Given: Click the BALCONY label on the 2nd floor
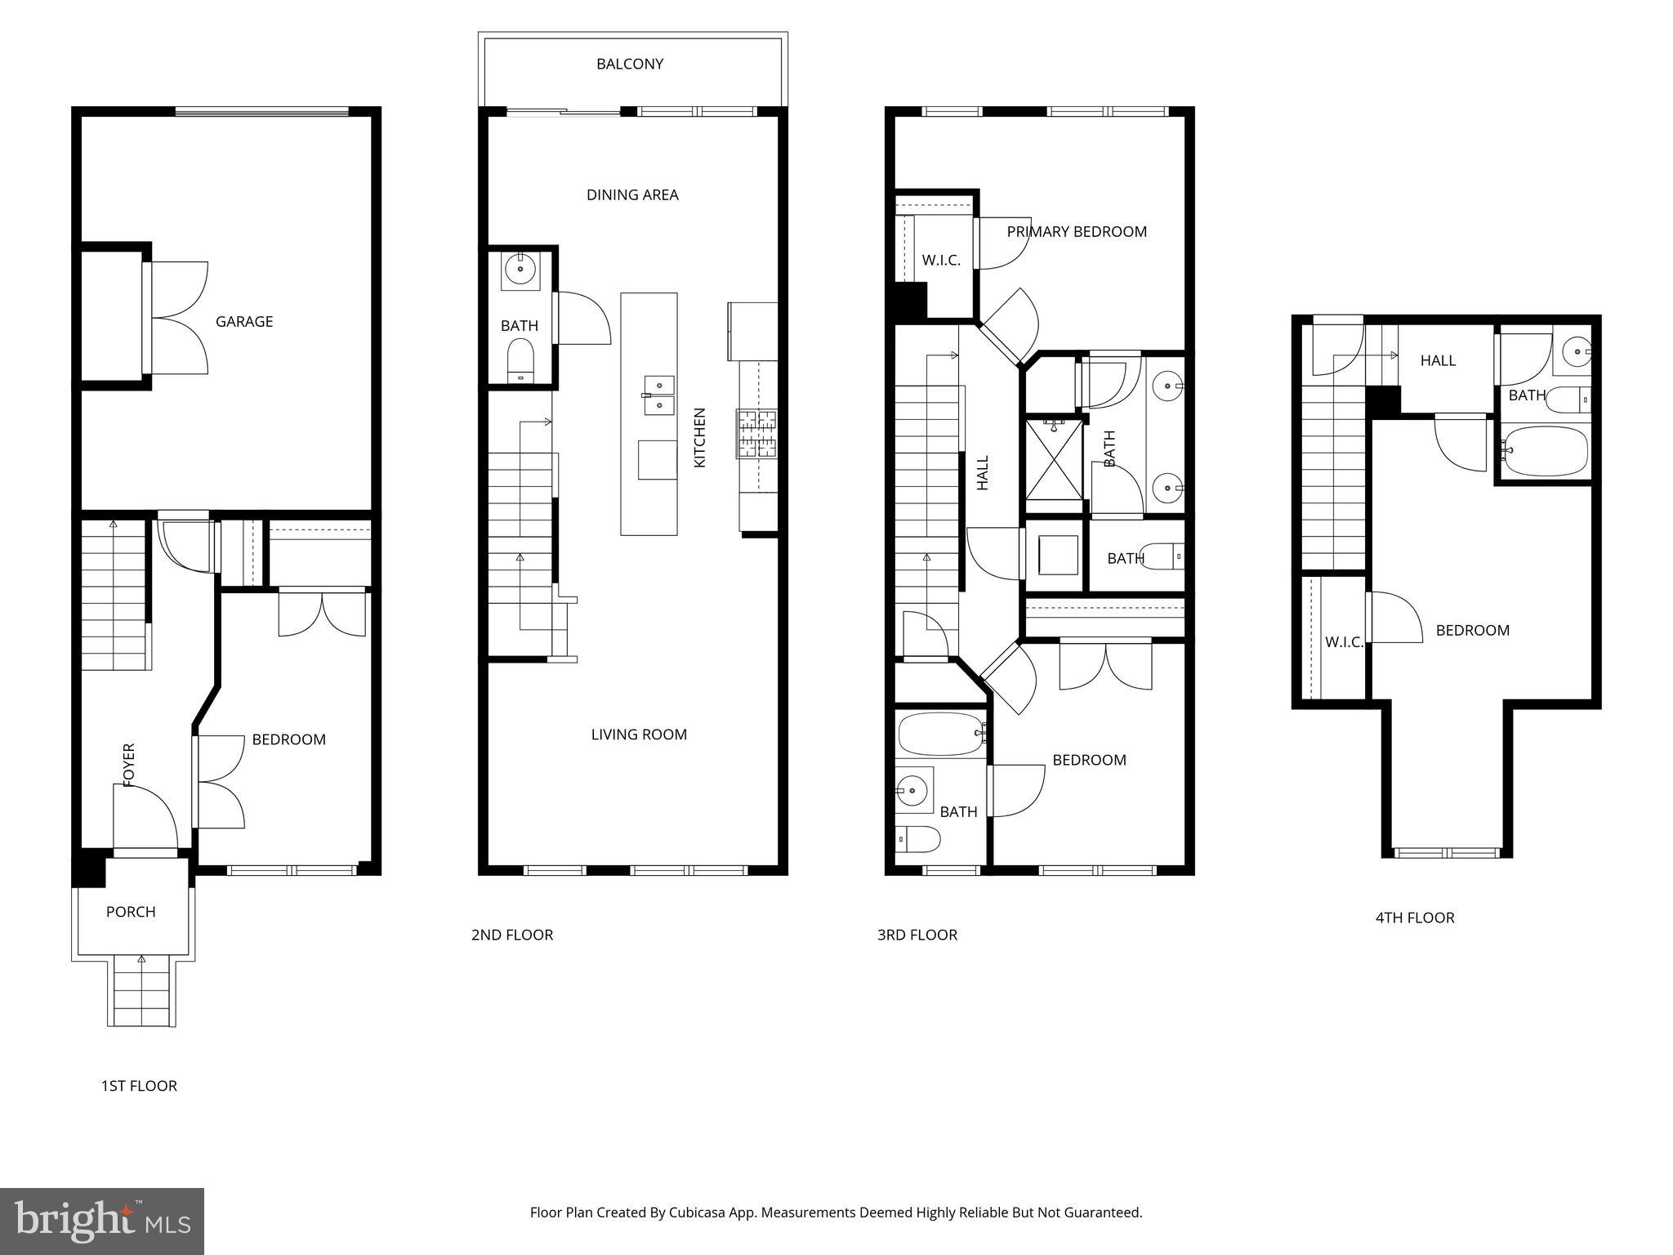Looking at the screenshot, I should click(629, 64).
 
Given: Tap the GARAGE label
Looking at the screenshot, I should click(243, 322).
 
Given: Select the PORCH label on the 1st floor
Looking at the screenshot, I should click(131, 912).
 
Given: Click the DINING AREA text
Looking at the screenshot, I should click(632, 194).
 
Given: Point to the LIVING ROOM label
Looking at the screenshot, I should click(639, 735).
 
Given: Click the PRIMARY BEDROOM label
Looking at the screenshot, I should click(1076, 231).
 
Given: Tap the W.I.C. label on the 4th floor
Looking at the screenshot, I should click(1344, 642).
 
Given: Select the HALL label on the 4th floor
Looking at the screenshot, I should click(1438, 360).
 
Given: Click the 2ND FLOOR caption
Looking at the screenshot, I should click(512, 935).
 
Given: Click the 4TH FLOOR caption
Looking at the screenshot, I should click(1415, 918).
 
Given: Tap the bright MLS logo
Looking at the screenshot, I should click(102, 1222).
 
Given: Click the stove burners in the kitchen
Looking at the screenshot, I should click(757, 434).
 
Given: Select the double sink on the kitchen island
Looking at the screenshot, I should click(659, 395).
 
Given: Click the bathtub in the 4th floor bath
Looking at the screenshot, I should click(1546, 450).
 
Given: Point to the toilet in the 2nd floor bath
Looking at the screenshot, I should click(520, 359).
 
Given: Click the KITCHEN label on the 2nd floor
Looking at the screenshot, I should click(700, 437).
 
